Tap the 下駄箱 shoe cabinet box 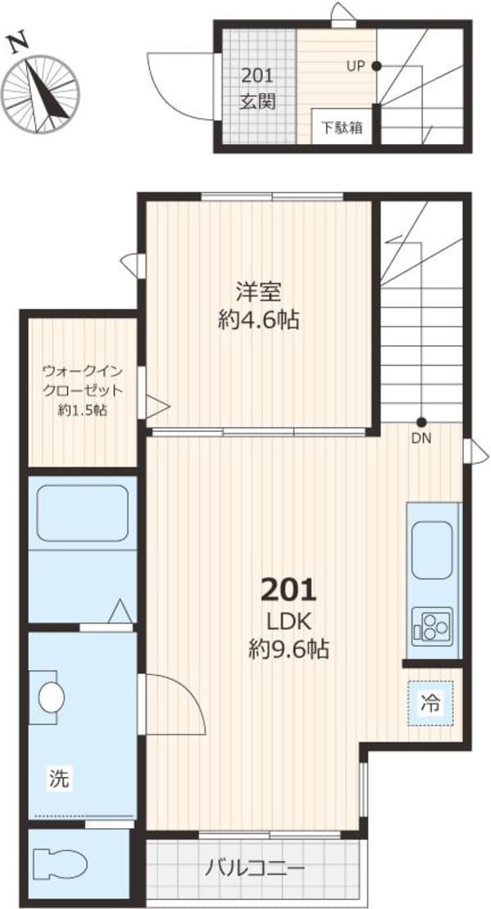(x=341, y=128)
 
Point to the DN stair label (x=421, y=438)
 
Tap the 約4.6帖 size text (x=259, y=320)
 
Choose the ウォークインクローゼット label (x=83, y=380)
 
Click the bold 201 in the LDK (x=288, y=588)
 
